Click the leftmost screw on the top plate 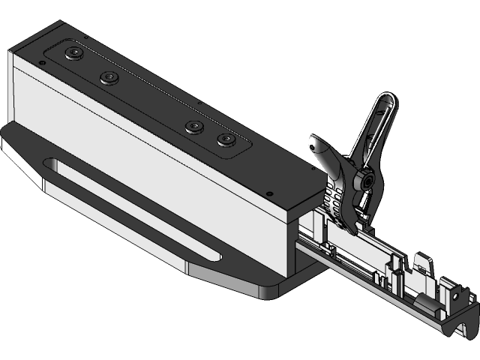[73, 52]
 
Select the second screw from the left [111, 77]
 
